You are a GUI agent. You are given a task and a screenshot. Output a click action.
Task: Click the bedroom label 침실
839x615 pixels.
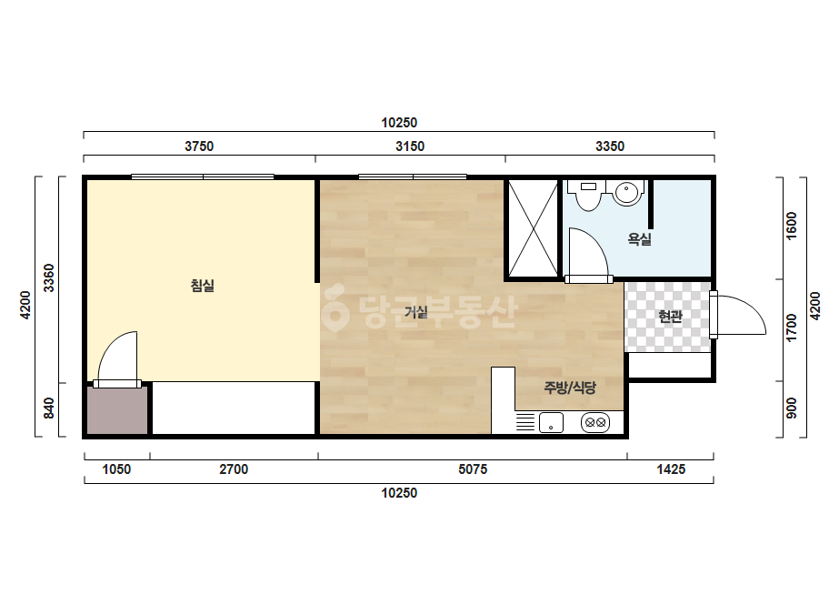pyautogui.click(x=203, y=286)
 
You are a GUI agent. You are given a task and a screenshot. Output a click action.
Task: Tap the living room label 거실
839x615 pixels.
pyautogui.click(x=415, y=312)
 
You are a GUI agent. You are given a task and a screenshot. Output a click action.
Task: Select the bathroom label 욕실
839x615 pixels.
pyautogui.click(x=639, y=239)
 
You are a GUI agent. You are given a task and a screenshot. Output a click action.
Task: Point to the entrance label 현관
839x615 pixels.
pyautogui.click(x=670, y=316)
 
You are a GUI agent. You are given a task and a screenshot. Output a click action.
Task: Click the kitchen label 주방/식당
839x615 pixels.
pyautogui.click(x=570, y=388)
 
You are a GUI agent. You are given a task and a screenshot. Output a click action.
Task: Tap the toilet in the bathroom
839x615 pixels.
pyautogui.click(x=588, y=195)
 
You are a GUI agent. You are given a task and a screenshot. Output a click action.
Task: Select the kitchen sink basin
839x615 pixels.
pyautogui.click(x=551, y=423)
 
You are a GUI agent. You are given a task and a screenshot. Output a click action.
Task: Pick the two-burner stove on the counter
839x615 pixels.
pyautogui.click(x=595, y=423)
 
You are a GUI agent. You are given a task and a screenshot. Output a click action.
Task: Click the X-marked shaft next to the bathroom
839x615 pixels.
pyautogui.click(x=533, y=228)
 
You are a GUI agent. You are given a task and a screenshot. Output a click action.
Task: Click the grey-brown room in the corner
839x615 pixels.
pyautogui.click(x=117, y=409)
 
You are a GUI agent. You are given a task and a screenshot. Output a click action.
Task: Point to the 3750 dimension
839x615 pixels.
pyautogui.click(x=199, y=146)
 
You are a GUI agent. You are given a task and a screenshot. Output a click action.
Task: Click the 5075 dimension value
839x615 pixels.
pyautogui.click(x=473, y=469)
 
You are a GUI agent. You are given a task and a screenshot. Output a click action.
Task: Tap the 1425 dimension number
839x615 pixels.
pyautogui.click(x=671, y=469)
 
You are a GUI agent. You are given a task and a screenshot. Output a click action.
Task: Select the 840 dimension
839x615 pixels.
pyautogui.click(x=48, y=408)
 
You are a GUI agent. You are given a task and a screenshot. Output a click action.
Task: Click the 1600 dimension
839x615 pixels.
pyautogui.click(x=792, y=226)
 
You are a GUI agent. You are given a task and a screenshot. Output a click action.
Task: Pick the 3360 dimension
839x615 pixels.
pyautogui.click(x=48, y=278)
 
